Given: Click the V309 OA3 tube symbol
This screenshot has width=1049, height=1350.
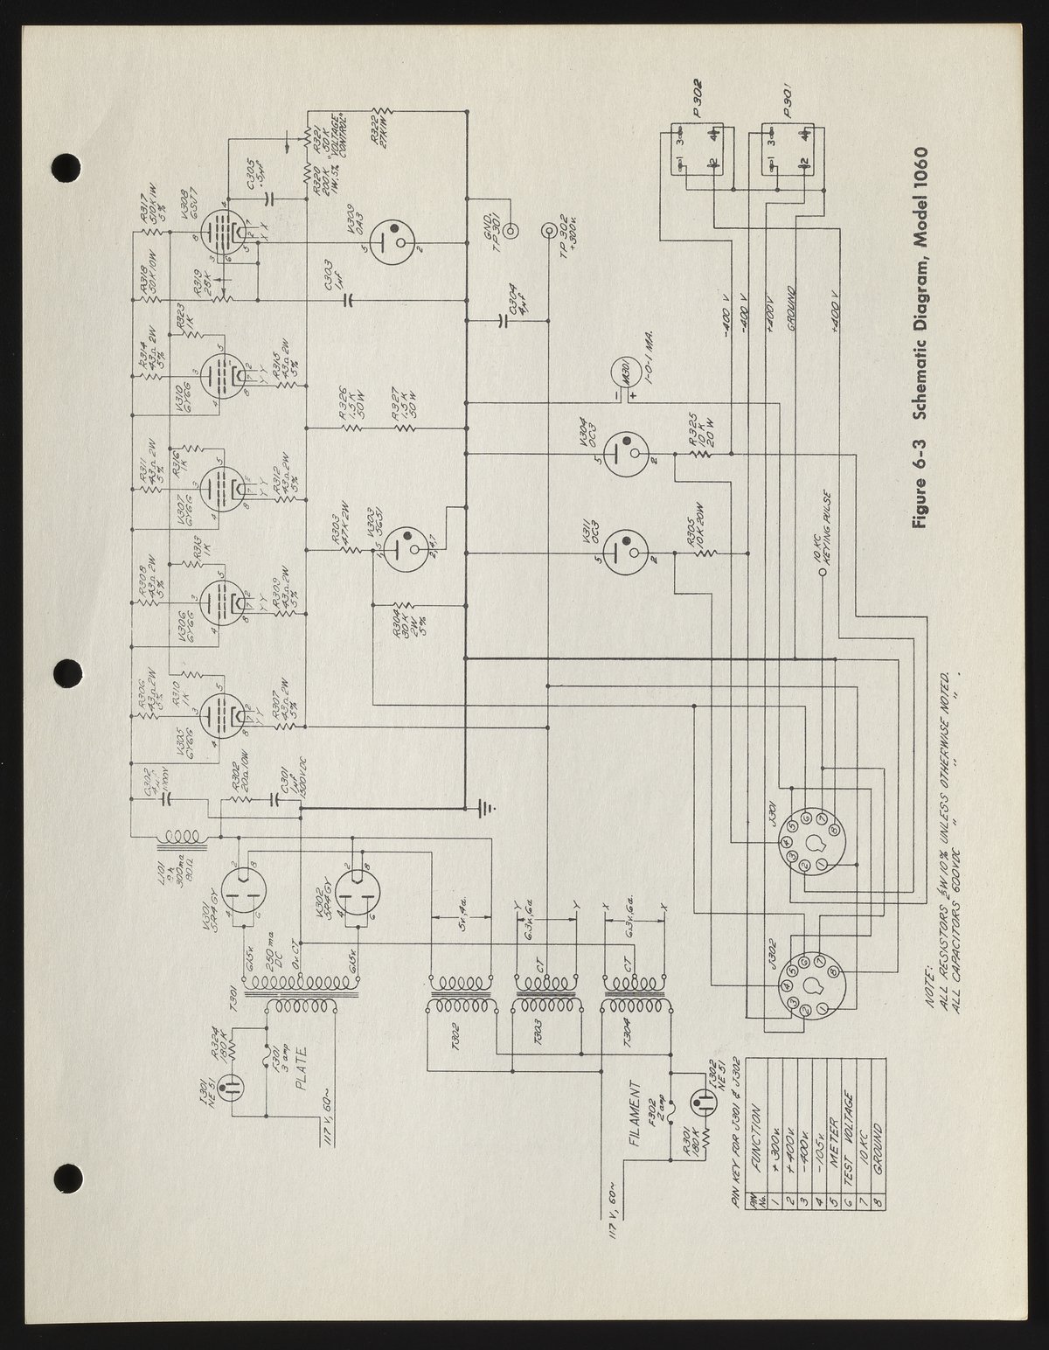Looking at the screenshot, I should (393, 238).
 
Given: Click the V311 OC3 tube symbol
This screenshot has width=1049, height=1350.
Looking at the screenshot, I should (624, 548).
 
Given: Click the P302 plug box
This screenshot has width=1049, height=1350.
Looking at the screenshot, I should (698, 150).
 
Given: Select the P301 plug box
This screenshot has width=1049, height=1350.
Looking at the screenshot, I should (788, 150).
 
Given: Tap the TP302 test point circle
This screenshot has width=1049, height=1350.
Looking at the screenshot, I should (549, 231).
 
